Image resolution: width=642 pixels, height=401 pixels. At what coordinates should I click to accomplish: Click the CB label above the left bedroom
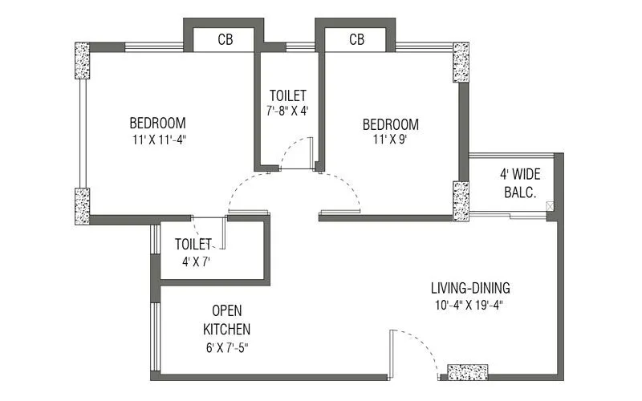226,40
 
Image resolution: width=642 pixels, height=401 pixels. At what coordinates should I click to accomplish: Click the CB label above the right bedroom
357,40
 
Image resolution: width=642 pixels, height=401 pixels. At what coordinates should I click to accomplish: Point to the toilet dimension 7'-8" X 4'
288,111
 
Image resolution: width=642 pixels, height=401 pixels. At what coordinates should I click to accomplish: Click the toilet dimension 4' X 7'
193,261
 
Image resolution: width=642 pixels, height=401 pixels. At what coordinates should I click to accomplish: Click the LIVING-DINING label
470,288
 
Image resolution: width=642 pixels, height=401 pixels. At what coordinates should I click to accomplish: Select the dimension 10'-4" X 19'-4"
470,305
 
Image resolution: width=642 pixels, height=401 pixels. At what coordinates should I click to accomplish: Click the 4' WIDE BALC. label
518,183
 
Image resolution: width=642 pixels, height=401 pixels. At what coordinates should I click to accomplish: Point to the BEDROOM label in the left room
157,124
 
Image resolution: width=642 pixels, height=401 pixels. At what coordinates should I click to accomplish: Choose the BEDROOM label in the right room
390,124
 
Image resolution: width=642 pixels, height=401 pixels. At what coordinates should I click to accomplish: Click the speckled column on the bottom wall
467,373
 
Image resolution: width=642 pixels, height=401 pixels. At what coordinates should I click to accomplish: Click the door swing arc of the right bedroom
345,192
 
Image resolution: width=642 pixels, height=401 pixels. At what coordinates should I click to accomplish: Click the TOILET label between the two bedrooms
288,94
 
